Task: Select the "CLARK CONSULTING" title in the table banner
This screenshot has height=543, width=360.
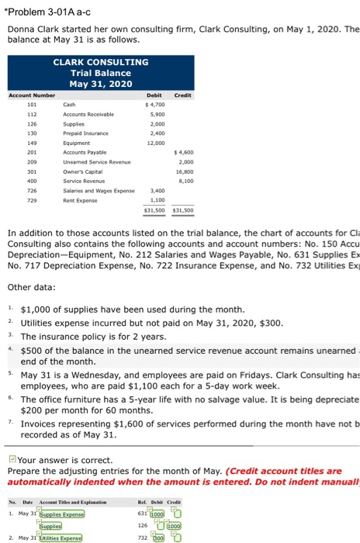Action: pos(100,61)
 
